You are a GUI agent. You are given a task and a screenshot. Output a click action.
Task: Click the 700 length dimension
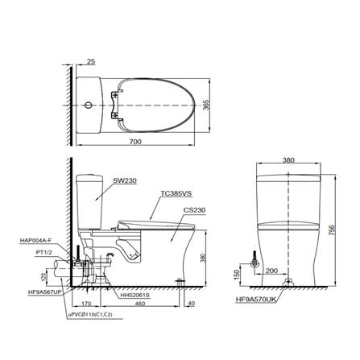click(135, 142)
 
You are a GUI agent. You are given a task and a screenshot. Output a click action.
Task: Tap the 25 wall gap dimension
click(91, 61)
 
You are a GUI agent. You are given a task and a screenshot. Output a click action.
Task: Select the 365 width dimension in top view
click(206, 106)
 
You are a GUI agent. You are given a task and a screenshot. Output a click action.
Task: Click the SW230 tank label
click(126, 181)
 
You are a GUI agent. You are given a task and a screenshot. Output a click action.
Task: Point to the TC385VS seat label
click(176, 193)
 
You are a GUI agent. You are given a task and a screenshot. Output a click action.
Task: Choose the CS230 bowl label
click(195, 210)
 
